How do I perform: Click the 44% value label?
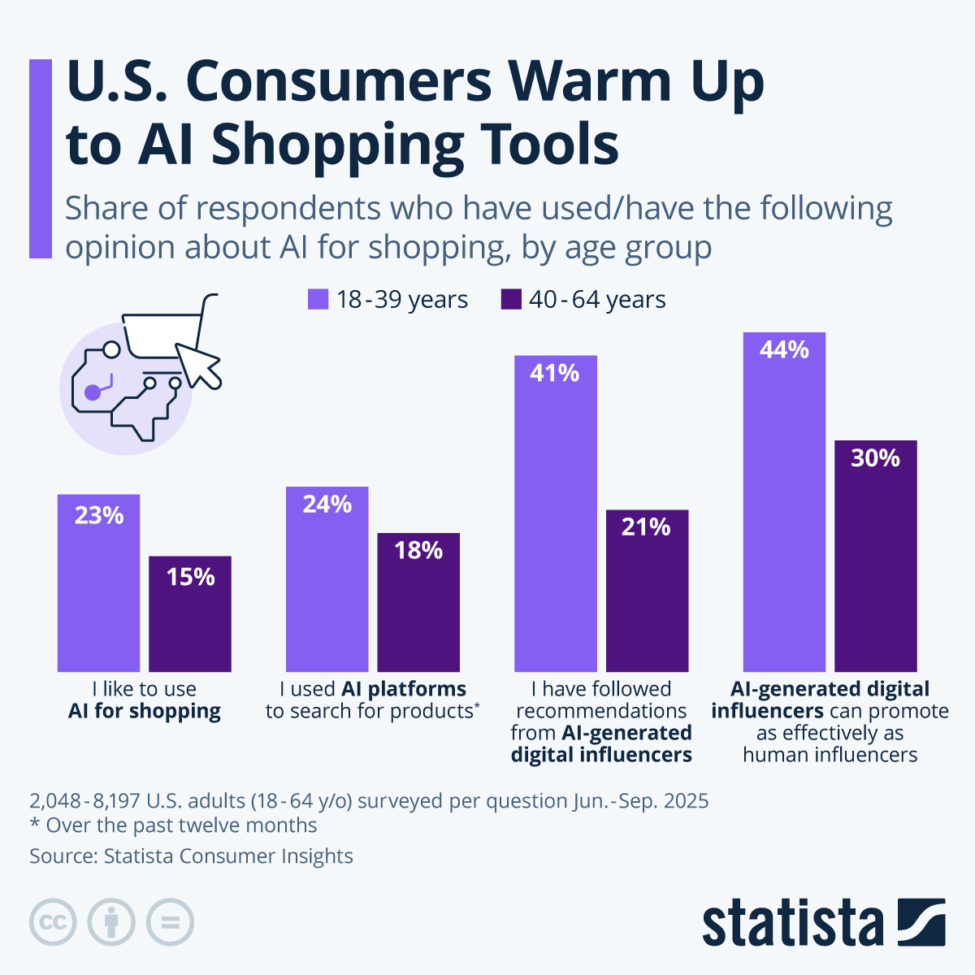[784, 350]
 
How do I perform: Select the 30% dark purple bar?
[875, 561]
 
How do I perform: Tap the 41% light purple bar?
[556, 520]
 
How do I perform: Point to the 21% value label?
[646, 527]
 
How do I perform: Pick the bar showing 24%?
[327, 585]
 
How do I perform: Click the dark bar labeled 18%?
[418, 605]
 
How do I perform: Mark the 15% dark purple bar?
[190, 617]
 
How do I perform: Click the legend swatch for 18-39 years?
[318, 299]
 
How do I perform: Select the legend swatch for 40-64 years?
[511, 299]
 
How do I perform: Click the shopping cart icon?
[167, 329]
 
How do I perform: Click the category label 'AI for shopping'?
[144, 711]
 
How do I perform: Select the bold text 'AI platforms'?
[404, 689]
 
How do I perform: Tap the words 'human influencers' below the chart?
[830, 755]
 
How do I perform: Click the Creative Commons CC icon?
[53, 922]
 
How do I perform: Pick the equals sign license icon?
[170, 922]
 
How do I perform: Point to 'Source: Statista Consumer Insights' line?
[191, 856]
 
